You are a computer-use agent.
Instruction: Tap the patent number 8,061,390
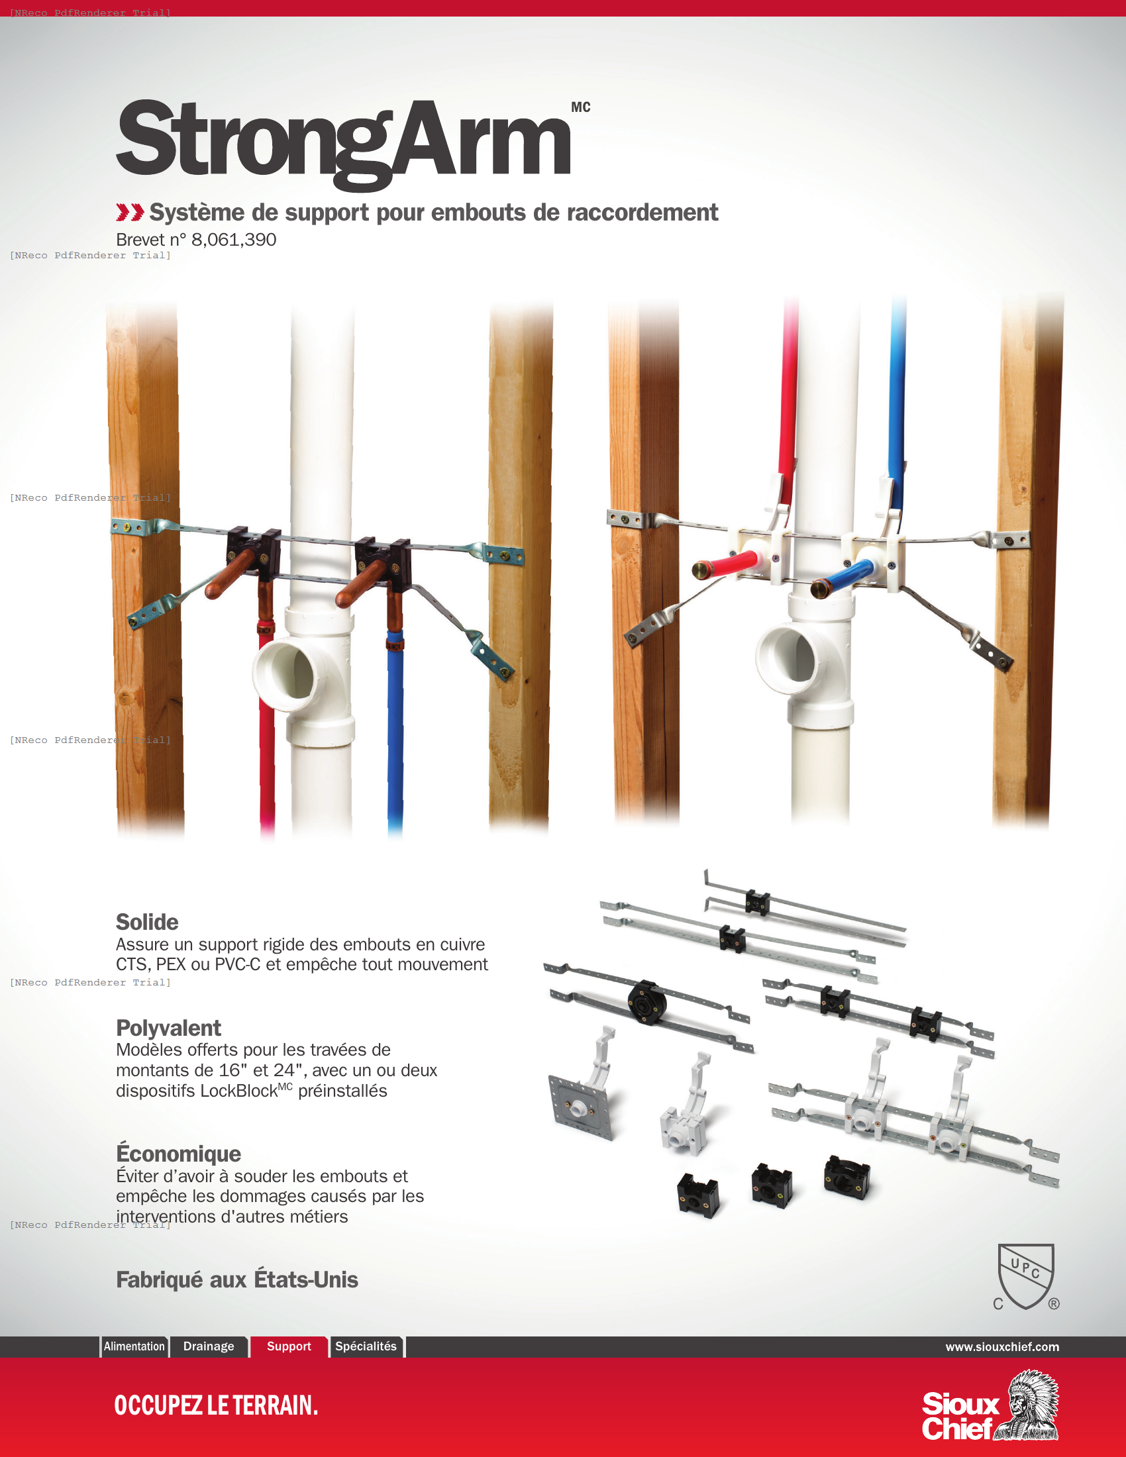233,240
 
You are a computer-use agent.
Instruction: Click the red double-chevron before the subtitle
129,212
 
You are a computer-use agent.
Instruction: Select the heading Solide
147,922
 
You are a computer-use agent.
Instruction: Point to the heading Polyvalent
168,1027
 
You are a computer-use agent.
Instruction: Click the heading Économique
178,1153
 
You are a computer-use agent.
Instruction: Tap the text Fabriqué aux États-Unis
237,1279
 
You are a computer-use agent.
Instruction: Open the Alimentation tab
134,1346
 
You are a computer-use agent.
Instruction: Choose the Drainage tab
209,1346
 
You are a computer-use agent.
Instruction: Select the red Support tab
289,1346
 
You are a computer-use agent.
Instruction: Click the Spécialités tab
366,1346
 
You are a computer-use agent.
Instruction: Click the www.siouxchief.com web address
1002,1346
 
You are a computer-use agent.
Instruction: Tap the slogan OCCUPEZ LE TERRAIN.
215,1405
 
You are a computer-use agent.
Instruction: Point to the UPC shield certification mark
1025,1276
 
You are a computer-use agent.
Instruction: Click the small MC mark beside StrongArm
580,107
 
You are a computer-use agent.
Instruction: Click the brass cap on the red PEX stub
700,569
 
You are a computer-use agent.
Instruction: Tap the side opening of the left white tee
283,670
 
